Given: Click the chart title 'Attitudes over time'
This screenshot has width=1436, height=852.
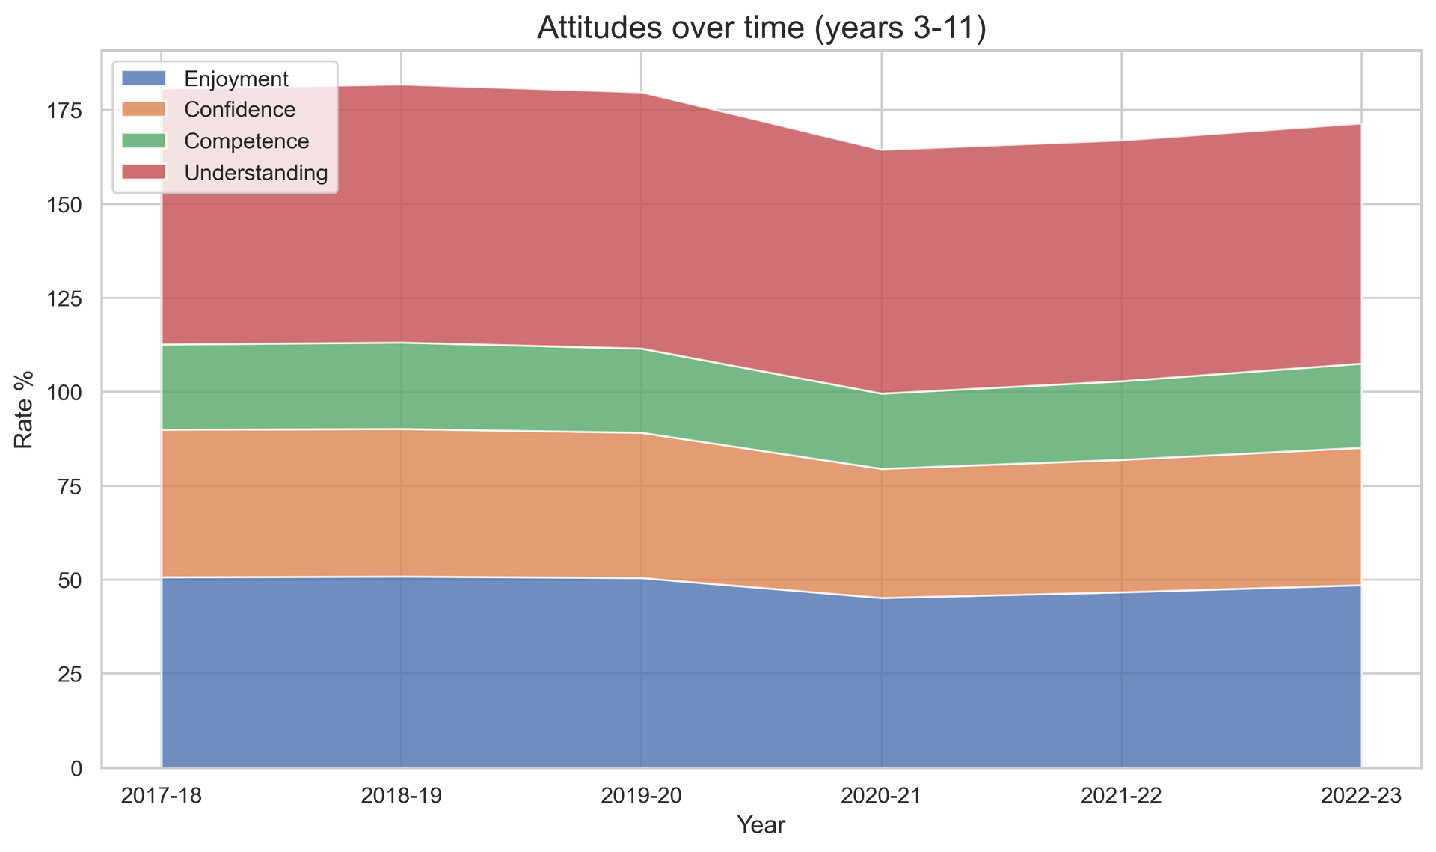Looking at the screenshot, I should [x=761, y=28].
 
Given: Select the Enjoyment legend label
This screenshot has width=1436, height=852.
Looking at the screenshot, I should [x=236, y=79].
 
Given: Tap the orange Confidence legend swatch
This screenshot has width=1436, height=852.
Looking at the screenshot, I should [x=143, y=110].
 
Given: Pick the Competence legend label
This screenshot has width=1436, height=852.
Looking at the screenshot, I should [x=246, y=141].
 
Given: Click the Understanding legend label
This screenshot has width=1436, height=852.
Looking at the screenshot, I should [x=256, y=173].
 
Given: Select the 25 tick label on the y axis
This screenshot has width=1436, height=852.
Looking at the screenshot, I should [x=70, y=675].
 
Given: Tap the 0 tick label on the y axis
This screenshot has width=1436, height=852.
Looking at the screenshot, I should [x=76, y=769].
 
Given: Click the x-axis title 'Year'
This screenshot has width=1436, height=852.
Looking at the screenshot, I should [x=761, y=825].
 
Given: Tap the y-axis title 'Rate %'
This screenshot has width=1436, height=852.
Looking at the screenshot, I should [x=25, y=410].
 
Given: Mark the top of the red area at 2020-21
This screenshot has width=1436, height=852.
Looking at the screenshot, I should [x=882, y=149].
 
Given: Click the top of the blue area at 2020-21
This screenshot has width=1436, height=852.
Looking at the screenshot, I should [x=882, y=598].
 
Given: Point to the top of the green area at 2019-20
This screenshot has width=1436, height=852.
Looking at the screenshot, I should [x=642, y=349].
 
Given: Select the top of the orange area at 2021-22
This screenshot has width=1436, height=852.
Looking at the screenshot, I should [x=1122, y=459].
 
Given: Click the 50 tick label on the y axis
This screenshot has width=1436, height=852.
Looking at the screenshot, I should [x=70, y=580].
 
